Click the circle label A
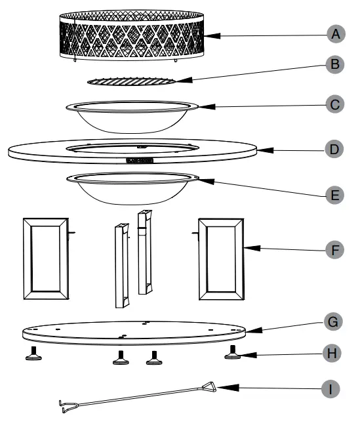[x=334, y=35]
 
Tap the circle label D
[x=334, y=149]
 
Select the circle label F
[x=334, y=250]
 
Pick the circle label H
[x=334, y=354]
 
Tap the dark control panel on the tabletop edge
[x=138, y=159]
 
